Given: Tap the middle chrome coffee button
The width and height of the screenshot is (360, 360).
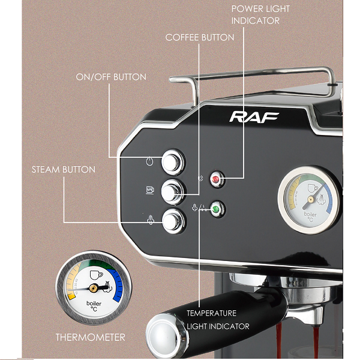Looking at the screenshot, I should coord(173,191).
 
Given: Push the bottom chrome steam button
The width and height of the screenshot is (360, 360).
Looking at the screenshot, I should coord(173,221).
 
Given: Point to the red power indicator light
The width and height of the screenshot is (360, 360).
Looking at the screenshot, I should coord(216,178).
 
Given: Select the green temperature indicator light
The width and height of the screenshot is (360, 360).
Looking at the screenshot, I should coord(216,209).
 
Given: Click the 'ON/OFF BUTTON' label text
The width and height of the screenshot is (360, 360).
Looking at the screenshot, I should coord(111,77).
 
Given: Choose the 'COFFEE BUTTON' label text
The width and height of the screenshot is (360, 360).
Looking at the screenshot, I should coord(200,38).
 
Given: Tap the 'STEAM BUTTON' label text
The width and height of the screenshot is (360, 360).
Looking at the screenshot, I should coord(64,170).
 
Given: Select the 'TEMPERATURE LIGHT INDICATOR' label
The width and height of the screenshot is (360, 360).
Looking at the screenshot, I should coord(217,320).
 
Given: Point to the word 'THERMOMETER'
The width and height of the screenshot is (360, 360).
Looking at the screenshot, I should coord(91,337).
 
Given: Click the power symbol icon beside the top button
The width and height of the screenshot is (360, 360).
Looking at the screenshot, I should coord(150,161).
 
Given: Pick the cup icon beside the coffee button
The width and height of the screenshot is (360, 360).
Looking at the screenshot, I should coord(150,191).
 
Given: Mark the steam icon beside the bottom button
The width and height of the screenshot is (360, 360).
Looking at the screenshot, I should coord(150,220).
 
